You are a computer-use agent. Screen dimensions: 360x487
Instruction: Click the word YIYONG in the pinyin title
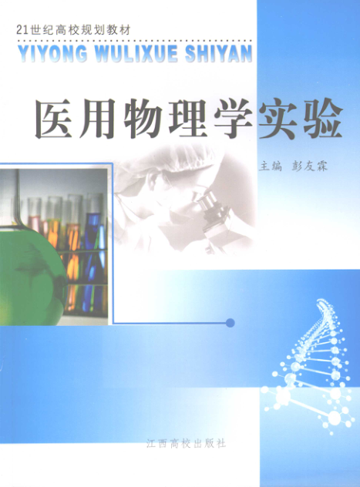click(52, 53)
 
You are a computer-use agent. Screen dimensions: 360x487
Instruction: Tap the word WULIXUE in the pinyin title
click(136, 53)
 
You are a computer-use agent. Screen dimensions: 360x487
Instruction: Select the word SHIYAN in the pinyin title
click(219, 53)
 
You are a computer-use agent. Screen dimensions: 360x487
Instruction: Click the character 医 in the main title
click(53, 119)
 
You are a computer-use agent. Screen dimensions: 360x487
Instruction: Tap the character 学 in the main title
click(233, 119)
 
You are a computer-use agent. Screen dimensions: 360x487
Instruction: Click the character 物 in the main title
click(143, 119)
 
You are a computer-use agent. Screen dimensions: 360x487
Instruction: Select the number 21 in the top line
click(22, 30)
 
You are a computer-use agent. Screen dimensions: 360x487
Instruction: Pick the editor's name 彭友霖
click(310, 166)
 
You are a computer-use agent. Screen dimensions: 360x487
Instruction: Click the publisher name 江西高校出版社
click(187, 443)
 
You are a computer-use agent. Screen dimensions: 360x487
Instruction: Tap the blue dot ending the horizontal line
click(230, 323)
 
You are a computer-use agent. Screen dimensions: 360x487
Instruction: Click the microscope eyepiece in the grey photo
click(202, 198)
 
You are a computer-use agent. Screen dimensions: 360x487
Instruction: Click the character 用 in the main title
click(98, 119)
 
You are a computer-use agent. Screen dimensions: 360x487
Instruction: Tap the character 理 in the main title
click(188, 119)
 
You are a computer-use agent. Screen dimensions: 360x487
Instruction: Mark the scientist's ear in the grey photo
click(152, 182)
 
